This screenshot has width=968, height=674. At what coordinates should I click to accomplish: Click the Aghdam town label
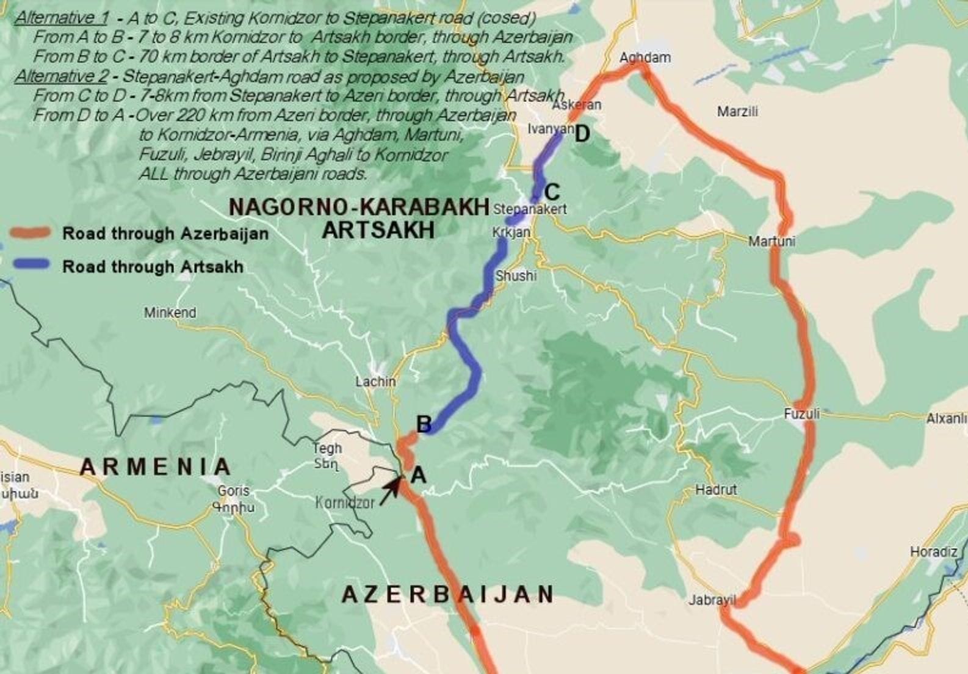(x=645, y=58)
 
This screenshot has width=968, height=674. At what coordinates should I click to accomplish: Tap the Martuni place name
(x=771, y=242)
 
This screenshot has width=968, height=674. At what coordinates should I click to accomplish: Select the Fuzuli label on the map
(x=801, y=415)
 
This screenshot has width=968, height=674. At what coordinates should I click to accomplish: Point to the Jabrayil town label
(x=712, y=600)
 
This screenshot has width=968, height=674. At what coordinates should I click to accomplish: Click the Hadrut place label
(x=715, y=490)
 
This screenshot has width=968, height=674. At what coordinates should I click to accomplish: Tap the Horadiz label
(x=933, y=552)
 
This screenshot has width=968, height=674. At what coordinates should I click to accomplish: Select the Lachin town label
(x=375, y=382)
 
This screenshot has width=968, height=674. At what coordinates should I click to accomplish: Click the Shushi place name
(x=516, y=276)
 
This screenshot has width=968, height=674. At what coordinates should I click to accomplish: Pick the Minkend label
(x=170, y=313)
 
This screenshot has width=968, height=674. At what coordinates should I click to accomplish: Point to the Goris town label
(x=233, y=491)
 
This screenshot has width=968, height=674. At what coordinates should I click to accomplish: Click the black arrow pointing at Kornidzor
(x=389, y=491)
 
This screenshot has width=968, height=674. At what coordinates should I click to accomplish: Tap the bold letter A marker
(x=418, y=474)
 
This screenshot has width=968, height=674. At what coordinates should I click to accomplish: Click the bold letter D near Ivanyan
(x=582, y=134)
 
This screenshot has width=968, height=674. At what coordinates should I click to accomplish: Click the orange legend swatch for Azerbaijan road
(x=29, y=233)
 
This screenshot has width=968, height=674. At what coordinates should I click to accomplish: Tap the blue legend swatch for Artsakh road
(x=29, y=265)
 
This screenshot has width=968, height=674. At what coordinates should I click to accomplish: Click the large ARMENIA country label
(x=155, y=467)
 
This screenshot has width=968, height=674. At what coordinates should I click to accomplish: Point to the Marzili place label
(x=737, y=112)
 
